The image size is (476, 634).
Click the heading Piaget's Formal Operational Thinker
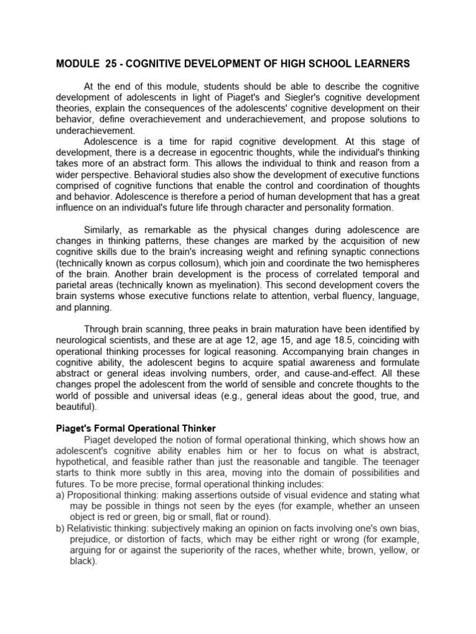click(136, 428)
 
